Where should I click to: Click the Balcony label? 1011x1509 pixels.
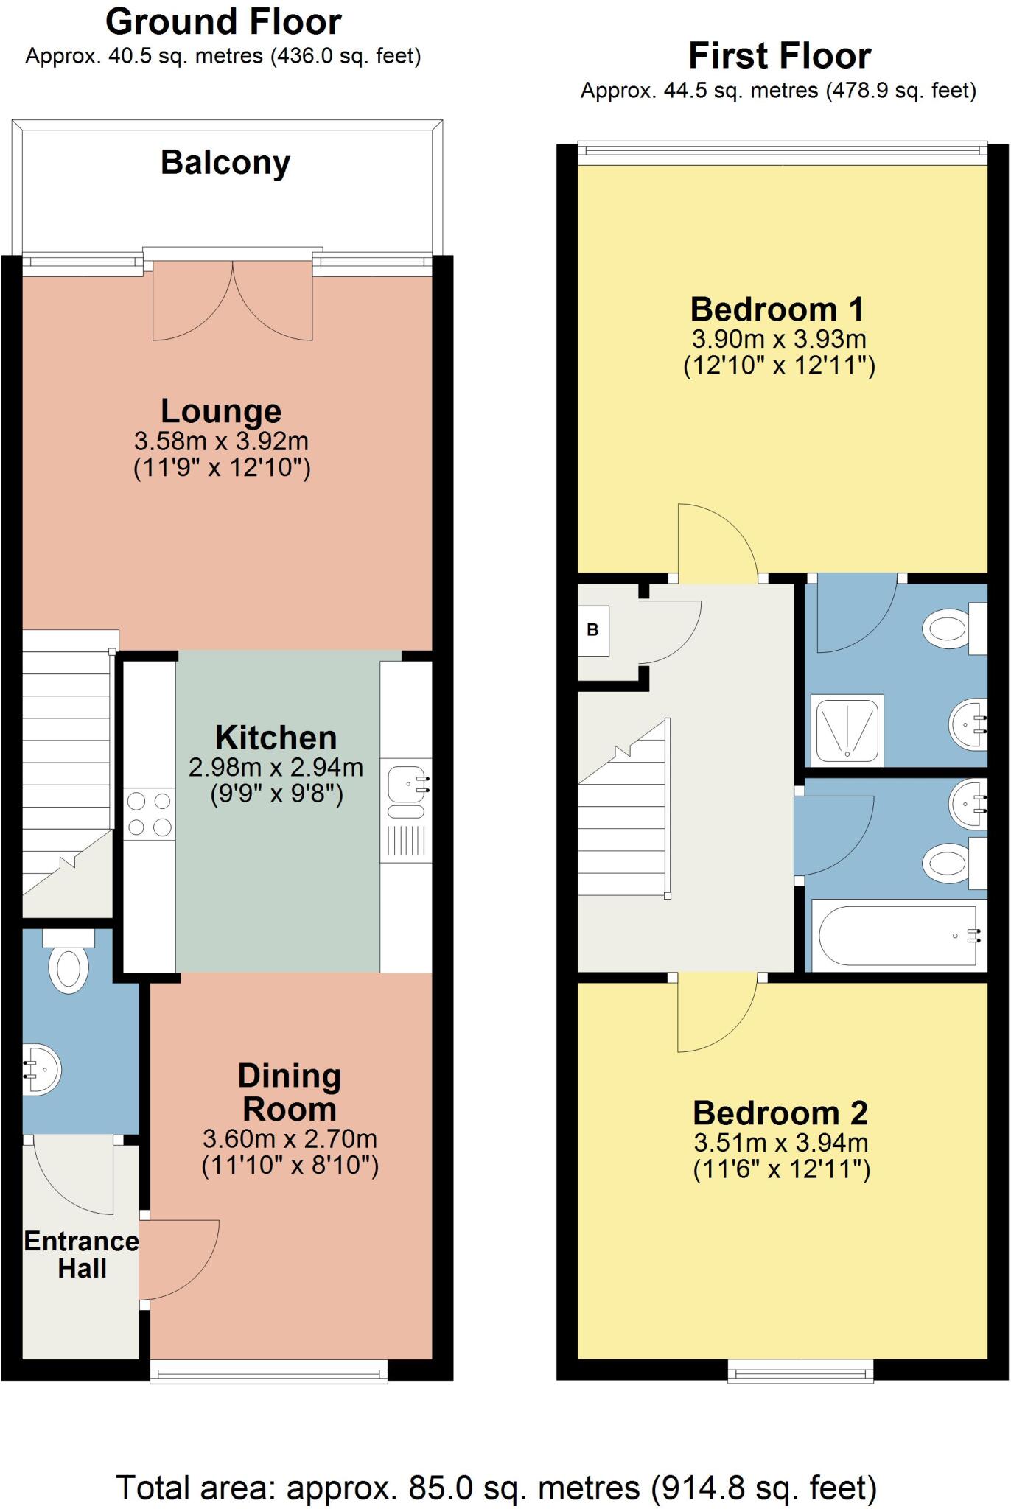coord(225,163)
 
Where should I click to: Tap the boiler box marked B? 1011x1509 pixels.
coord(593,630)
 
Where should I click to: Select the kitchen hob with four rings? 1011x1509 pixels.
coord(150,814)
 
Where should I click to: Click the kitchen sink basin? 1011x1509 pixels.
coord(406,782)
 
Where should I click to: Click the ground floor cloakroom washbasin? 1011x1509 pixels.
coord(41,1069)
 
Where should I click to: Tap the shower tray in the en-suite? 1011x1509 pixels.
coord(847,729)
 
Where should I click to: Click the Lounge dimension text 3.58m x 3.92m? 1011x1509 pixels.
coord(221,441)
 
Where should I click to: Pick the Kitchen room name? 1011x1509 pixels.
coord(276,738)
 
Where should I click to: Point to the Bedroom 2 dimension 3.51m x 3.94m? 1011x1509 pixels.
coord(781,1143)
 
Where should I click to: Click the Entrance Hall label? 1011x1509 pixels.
coord(81,1255)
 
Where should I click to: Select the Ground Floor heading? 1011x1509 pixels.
coord(223,22)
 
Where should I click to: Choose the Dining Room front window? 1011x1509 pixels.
coord(269,1372)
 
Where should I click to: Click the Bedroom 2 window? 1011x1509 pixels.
coord(800,1372)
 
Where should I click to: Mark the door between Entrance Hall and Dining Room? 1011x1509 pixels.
coord(177,1260)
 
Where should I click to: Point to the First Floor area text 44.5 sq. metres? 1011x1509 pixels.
coord(778,91)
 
